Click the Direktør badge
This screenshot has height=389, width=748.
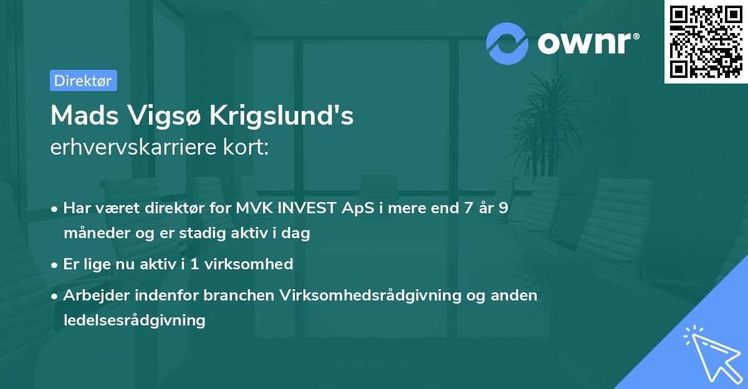tap(83, 80)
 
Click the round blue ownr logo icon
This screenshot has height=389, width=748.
tap(507, 43)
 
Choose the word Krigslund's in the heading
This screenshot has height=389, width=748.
tap(282, 116)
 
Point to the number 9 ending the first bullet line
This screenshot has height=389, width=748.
tap(502, 208)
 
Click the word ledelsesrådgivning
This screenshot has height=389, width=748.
tap(134, 320)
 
